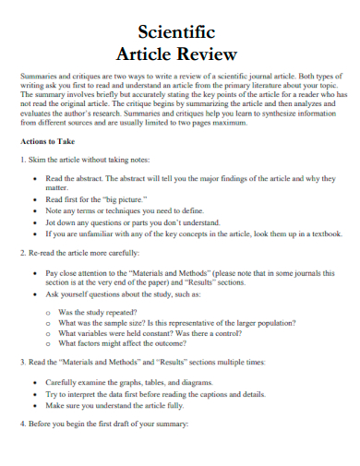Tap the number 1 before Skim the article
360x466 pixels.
point(22,160)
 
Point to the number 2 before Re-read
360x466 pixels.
point(22,252)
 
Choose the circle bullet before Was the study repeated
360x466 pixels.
point(47,313)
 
